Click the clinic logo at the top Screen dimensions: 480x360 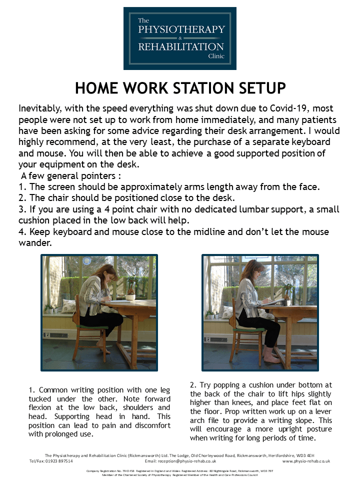pyautogui.click(x=180, y=38)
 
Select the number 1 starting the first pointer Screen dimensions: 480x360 pyautogui.click(x=20, y=187)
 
